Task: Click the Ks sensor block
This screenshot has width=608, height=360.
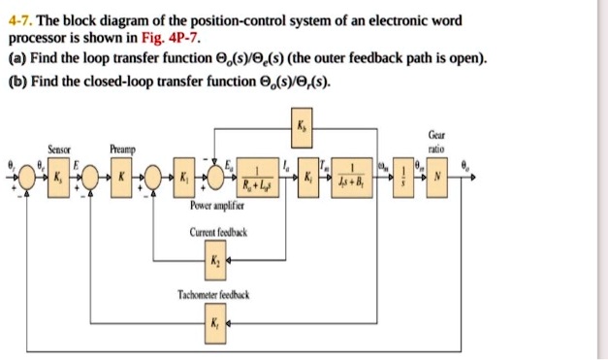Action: point(57,180)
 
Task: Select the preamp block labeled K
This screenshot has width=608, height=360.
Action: point(121,180)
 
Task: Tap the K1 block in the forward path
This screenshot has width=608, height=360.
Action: point(181,180)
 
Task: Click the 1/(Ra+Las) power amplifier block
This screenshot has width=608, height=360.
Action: point(257,180)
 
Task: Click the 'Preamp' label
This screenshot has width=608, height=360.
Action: point(122,149)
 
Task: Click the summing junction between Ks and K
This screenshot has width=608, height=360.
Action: point(90,180)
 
